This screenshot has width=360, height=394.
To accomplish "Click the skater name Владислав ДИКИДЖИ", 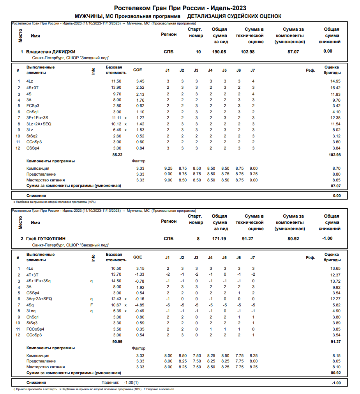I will click(51, 52).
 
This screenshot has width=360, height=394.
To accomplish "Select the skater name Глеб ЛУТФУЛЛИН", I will click(46, 239).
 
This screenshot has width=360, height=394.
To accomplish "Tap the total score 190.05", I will click(219, 52).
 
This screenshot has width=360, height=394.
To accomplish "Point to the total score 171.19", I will click(219, 239).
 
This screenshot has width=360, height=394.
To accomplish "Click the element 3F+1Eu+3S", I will click(37, 118).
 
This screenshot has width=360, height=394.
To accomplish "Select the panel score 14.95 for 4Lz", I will click(335, 81).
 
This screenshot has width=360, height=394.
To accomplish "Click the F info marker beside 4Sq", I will click(91, 305).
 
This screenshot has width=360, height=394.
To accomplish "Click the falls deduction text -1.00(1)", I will click(131, 382).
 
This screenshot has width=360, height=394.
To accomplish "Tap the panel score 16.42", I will click(335, 88).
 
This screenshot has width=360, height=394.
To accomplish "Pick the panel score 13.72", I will click(335, 281).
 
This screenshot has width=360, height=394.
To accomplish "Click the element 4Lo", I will click(30, 268).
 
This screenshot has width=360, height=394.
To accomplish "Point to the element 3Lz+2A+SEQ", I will click(39, 124).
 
